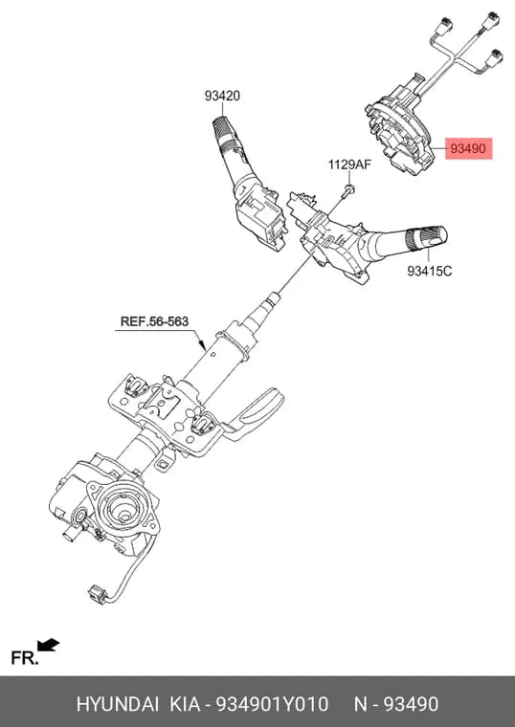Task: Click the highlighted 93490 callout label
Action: coord(469,148)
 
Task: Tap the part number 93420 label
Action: coord(222,96)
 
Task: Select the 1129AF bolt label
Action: coord(349,165)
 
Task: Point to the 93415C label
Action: coord(429,271)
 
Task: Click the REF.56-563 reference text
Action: coord(154,321)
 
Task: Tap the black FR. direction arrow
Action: coord(49,645)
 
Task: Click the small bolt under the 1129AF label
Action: coord(348,190)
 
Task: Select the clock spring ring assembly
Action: coord(401,132)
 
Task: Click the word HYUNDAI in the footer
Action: coord(118,704)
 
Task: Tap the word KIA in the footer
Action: coord(185,704)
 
